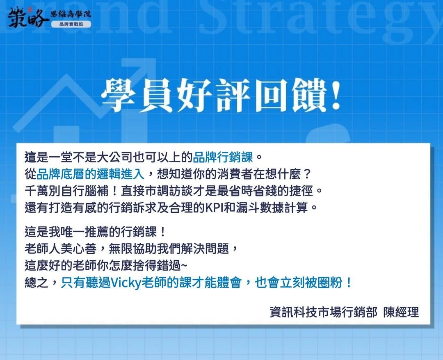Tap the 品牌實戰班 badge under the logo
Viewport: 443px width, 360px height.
(x=71, y=24)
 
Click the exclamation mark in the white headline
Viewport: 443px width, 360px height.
(x=336, y=95)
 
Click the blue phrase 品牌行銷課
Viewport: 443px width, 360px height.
(x=223, y=157)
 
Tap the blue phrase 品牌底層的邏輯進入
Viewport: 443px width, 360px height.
(x=90, y=174)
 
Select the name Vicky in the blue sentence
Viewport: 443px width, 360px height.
(x=126, y=283)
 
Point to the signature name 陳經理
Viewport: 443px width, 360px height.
(x=401, y=312)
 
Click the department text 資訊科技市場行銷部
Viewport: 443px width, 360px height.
(x=324, y=312)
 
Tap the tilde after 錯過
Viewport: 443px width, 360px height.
(x=184, y=266)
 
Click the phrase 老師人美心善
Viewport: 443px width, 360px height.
(x=60, y=249)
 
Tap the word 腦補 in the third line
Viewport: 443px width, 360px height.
(x=97, y=191)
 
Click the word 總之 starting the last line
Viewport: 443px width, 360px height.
(x=37, y=283)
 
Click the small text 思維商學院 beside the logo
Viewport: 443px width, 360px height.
(x=71, y=14)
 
